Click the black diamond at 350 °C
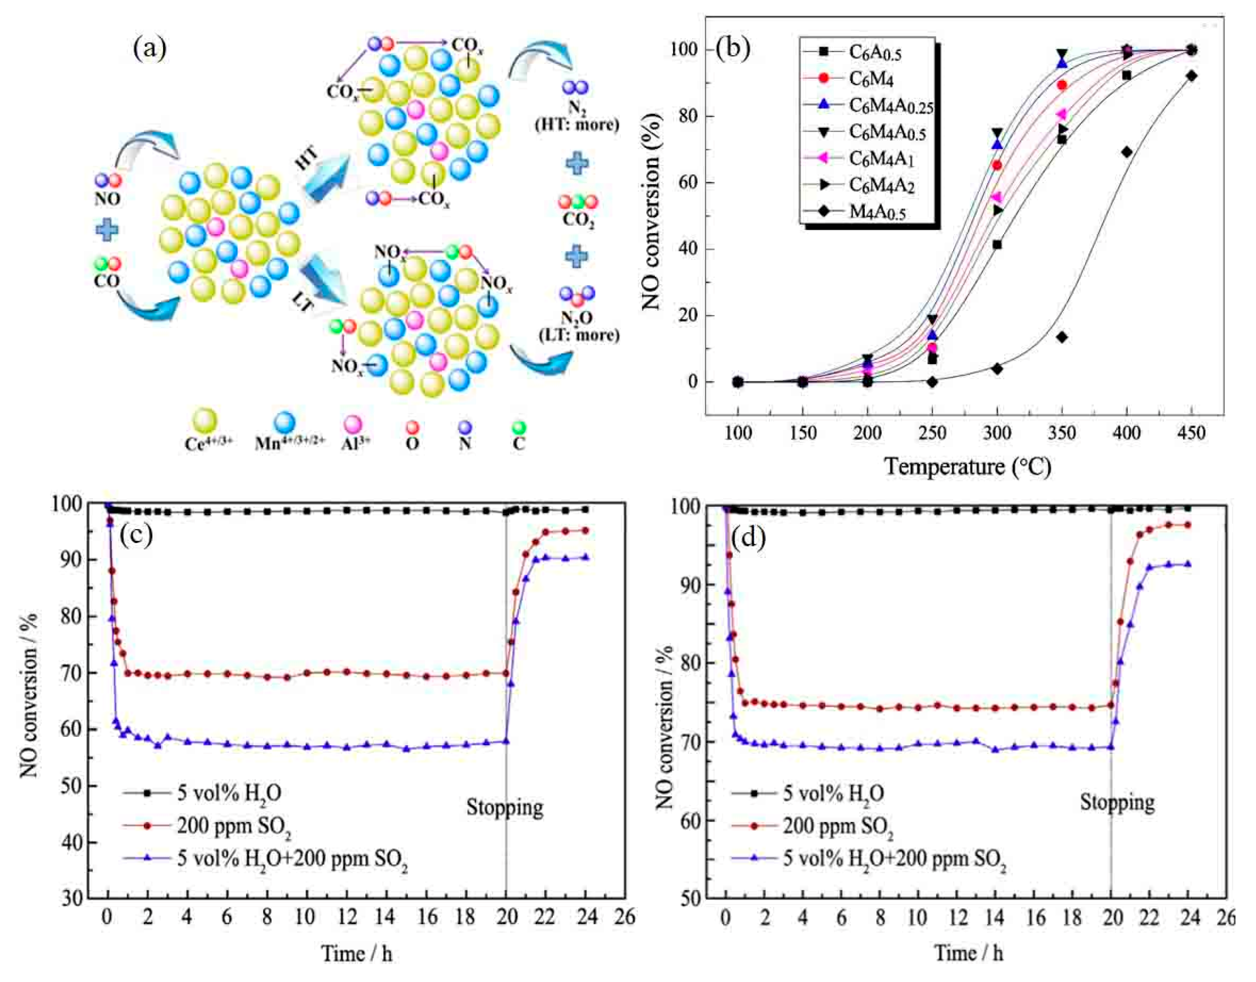pyautogui.click(x=1062, y=337)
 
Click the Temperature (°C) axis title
pyautogui.click(x=968, y=466)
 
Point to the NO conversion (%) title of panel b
pyautogui.click(x=651, y=211)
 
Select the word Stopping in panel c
pyautogui.click(x=504, y=807)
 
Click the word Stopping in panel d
pyautogui.click(x=1117, y=802)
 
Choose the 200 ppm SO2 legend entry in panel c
pyautogui.click(x=233, y=826)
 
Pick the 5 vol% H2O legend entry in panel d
pyautogui.click(x=833, y=793)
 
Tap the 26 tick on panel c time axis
pyautogui.click(x=624, y=917)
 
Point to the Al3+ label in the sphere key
pyautogui.click(x=351, y=443)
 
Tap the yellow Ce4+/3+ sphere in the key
pyautogui.click(x=205, y=421)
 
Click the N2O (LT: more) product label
pyautogui.click(x=578, y=326)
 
